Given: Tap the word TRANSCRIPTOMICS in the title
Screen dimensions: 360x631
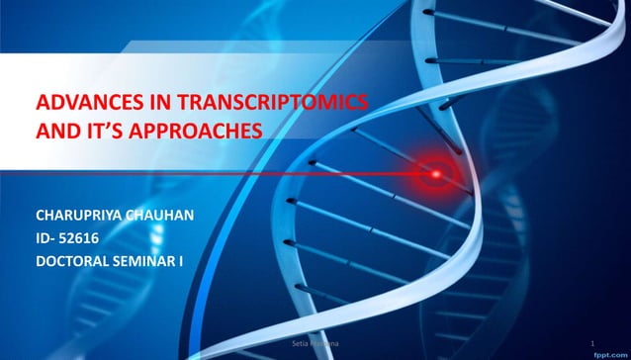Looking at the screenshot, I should (266, 104).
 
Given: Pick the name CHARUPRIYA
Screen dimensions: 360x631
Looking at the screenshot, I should (81, 215).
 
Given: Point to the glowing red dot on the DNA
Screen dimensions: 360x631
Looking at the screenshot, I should (433, 174).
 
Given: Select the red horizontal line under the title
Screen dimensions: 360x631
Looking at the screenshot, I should (198, 173).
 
